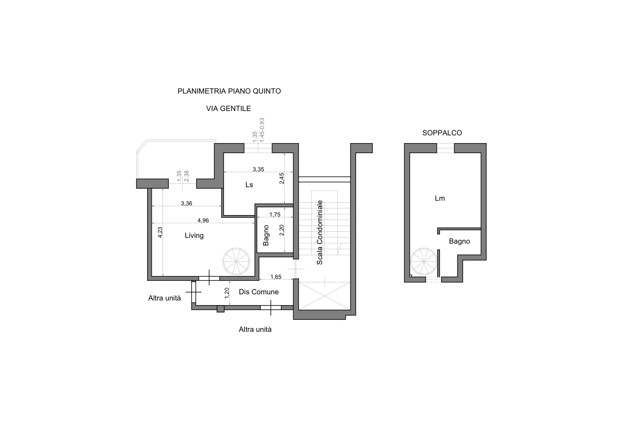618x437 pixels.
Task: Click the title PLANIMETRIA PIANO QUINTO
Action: click(229, 91)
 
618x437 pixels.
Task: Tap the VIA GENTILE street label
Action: click(228, 109)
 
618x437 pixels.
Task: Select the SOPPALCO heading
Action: click(442, 133)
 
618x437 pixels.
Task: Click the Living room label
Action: click(194, 236)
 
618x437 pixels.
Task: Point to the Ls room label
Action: click(249, 184)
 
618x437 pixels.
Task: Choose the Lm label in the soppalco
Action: click(440, 198)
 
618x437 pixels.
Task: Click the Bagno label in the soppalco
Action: click(459, 241)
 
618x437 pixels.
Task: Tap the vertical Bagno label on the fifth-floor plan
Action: click(266, 236)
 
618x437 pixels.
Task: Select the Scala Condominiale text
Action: click(319, 232)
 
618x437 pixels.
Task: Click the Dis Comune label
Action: click(259, 292)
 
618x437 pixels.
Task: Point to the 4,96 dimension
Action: click(203, 220)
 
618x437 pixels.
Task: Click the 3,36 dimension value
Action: click(187, 203)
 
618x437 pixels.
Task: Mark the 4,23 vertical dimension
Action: click(160, 232)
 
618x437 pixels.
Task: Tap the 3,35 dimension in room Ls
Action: click(258, 169)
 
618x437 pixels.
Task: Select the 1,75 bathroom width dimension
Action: click(275, 215)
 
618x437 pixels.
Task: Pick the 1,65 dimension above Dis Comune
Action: click(276, 277)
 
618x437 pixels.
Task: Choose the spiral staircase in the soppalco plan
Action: click(424, 261)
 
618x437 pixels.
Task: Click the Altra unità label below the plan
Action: click(255, 329)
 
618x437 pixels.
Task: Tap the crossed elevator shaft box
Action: click(324, 296)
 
